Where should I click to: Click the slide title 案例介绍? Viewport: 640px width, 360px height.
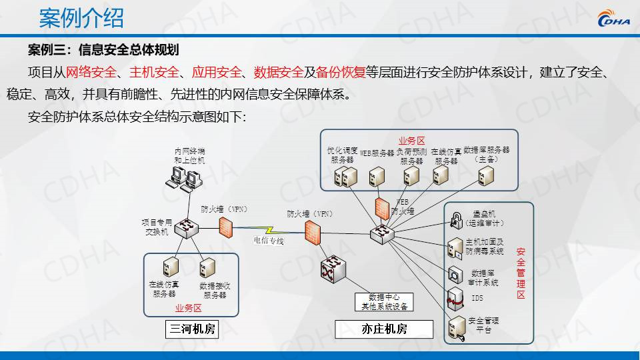[81, 18]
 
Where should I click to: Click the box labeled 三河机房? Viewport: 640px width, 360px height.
[191, 329]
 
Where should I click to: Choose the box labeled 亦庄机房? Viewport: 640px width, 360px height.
[384, 329]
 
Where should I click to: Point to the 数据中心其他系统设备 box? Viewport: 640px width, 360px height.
[384, 302]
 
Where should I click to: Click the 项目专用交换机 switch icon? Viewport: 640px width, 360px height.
[187, 229]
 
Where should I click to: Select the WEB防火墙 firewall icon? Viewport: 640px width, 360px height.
[382, 208]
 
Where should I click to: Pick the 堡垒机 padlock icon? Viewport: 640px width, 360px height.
[457, 218]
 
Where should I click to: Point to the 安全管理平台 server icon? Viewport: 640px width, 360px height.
[457, 327]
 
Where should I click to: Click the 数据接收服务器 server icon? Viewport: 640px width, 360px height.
[206, 268]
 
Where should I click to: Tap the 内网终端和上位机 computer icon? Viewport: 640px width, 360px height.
[185, 178]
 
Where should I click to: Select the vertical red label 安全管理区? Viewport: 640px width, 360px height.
[521, 273]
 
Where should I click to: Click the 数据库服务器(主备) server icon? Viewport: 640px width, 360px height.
[486, 175]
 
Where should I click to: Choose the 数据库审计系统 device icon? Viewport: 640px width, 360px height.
[456, 274]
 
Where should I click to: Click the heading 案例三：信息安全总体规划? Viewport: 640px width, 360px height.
[103, 50]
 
